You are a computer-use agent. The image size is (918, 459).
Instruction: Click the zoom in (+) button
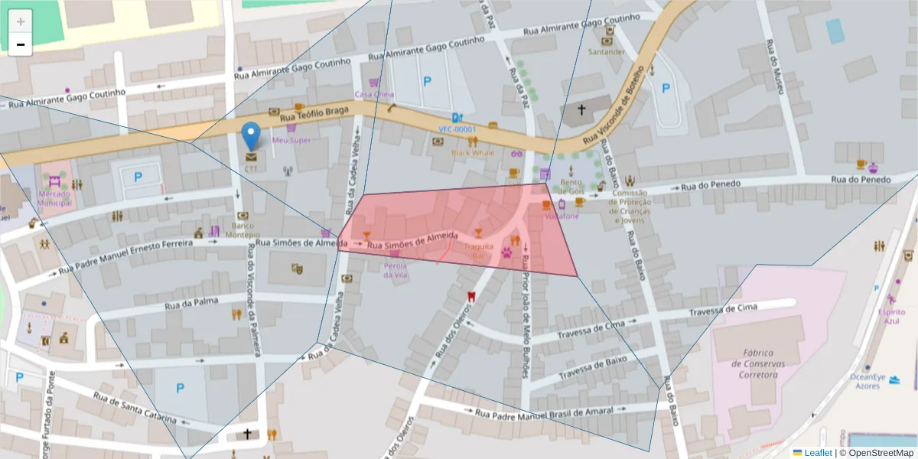(21, 21)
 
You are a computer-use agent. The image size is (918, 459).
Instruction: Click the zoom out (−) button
(21, 44)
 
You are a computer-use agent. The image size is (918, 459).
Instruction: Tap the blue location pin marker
(250, 137)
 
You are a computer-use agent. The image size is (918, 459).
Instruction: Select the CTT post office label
(251, 168)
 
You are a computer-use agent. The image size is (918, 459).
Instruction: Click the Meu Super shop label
(291, 141)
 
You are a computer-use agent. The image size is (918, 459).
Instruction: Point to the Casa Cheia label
(374, 95)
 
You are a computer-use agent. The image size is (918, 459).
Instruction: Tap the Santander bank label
(607, 52)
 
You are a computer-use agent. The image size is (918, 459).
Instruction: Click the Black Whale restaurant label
(472, 152)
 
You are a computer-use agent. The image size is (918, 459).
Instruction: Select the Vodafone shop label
(562, 216)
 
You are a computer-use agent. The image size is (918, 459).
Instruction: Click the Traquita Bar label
(479, 251)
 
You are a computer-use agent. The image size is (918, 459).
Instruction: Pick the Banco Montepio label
(242, 230)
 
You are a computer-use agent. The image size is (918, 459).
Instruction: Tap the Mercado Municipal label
(54, 199)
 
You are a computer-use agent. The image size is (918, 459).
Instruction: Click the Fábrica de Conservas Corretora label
(758, 363)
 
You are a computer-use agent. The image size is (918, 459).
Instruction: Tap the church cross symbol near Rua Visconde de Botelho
(581, 109)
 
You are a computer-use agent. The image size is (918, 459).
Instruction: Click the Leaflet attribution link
(817, 453)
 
